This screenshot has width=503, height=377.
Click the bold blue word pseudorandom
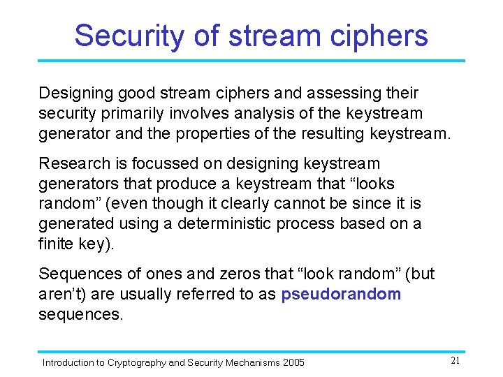[x=341, y=294]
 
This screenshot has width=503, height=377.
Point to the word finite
[x=55, y=244]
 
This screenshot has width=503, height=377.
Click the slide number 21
[x=454, y=361]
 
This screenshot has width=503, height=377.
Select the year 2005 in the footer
[x=293, y=362]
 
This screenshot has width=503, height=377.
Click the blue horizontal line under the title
[x=251, y=61]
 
